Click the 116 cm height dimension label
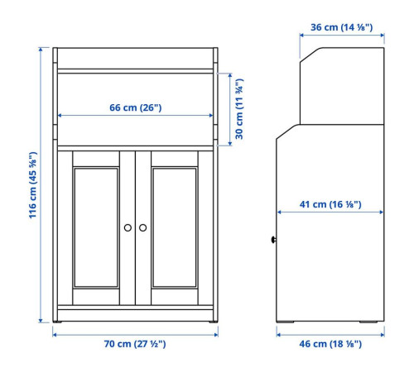33,185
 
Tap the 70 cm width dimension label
135,344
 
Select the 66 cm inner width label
136,107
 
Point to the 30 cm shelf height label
239,109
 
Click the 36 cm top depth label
342,27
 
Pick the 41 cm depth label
330,204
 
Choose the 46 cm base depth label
330,344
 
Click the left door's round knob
128,227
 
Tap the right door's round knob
142,227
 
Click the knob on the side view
273,240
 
